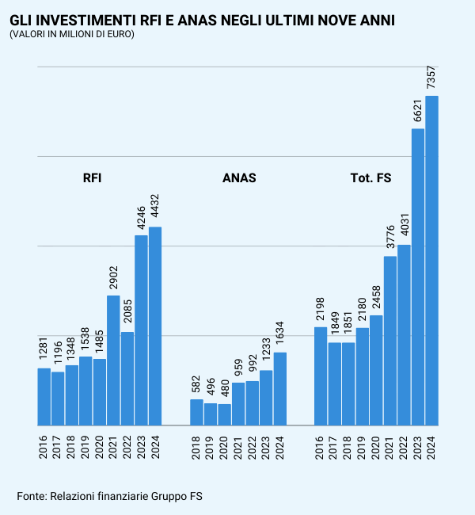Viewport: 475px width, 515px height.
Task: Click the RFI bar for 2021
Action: click(113, 360)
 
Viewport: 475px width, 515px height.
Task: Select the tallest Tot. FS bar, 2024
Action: click(432, 261)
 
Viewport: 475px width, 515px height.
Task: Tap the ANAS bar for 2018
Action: click(196, 412)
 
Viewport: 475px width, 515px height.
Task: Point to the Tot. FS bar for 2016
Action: click(321, 376)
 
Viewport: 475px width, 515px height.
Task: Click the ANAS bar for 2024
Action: click(280, 388)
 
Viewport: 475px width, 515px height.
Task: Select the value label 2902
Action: click(113, 277)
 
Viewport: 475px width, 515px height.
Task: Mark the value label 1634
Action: click(280, 334)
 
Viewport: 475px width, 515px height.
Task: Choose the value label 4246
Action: click(141, 217)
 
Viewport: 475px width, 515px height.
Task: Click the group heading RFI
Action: click(92, 178)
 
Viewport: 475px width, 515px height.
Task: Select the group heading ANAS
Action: click(239, 178)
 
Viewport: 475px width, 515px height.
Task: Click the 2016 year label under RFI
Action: click(44, 443)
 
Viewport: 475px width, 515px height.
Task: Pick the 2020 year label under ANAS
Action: click(225, 443)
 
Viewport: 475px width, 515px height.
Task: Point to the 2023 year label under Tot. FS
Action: click(418, 443)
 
